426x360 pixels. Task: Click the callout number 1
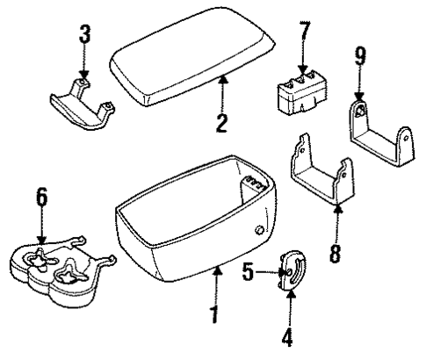(x=212, y=313)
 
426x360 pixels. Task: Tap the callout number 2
(x=222, y=117)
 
